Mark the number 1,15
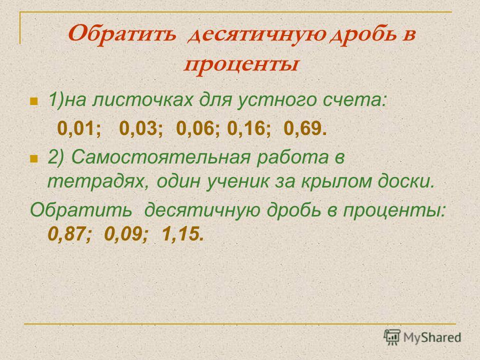tap(179, 234)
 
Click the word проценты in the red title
tap(241, 65)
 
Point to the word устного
tap(276, 101)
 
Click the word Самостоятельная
tap(161, 157)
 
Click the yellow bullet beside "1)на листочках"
tap(33, 101)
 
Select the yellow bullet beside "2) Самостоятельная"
tap(33, 158)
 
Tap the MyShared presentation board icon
tap(392, 337)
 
